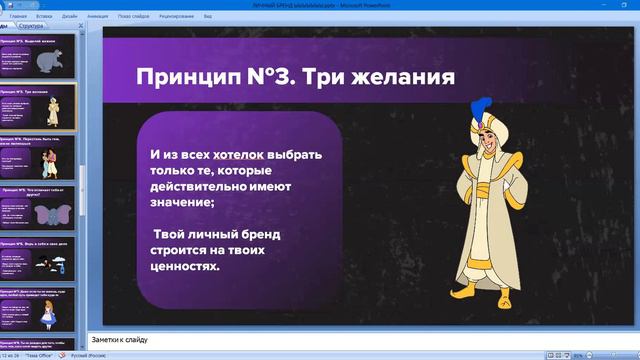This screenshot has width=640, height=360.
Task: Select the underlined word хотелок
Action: pos(240,155)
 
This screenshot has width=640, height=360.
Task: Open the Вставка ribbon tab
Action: pos(45,17)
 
